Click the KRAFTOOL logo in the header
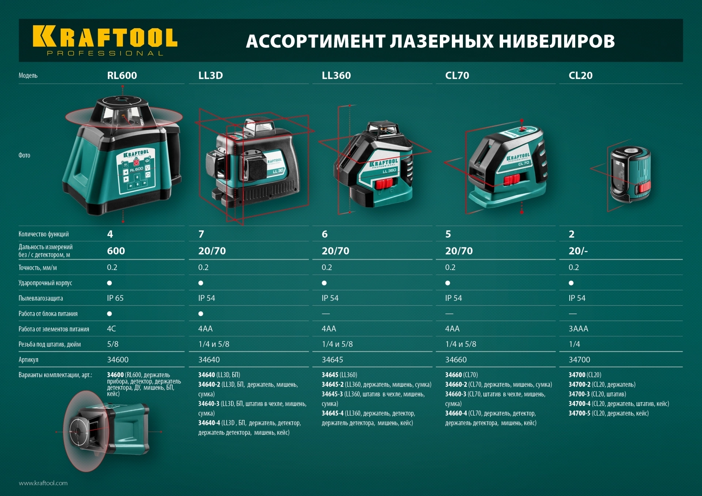coord(105,40)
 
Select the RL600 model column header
coord(122,75)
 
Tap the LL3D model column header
coord(210,75)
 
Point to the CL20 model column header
coord(580,75)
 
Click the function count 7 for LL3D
coord(201,234)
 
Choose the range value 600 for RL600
coord(116,251)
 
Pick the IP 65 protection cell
coord(115,298)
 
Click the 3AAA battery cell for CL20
coord(578,329)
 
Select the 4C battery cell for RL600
coord(111,329)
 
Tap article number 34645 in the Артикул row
coord(332,360)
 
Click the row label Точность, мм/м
coord(38,268)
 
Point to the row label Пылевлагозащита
coord(41,298)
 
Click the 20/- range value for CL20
coord(578,251)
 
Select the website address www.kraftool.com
coord(43,483)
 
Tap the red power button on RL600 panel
coord(136,162)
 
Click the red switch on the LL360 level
coord(384,183)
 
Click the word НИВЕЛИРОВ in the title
coord(557,41)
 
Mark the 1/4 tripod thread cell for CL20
coord(574,344)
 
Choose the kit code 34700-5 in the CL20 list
coord(579,413)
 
